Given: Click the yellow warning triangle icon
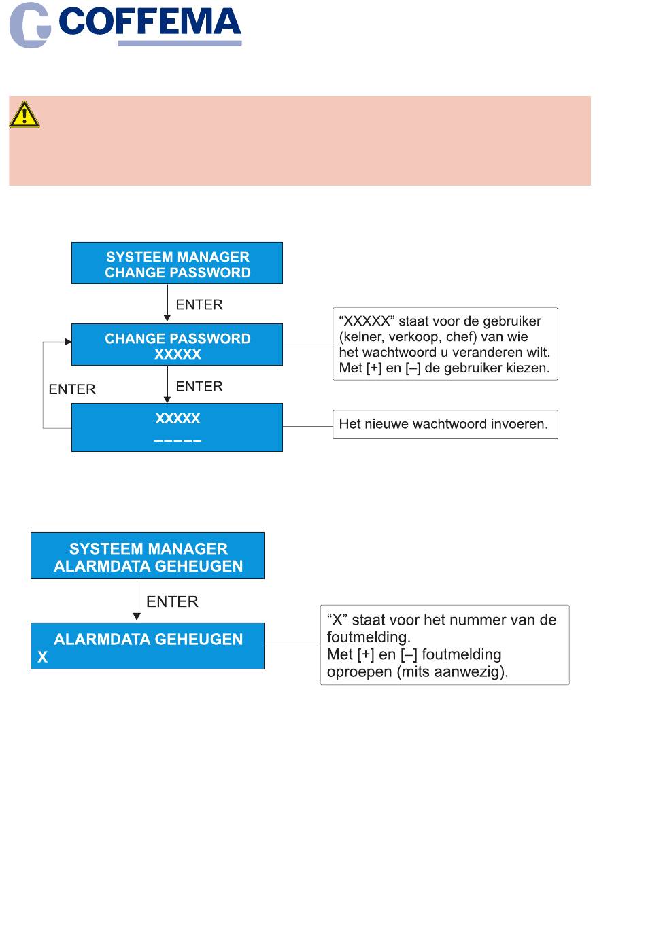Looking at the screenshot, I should pyautogui.click(x=24, y=115).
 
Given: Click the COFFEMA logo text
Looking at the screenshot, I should pyautogui.click(x=150, y=22).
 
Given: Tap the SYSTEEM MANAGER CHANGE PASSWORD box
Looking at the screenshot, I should pyautogui.click(x=177, y=264).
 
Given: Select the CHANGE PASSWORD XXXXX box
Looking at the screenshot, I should pyautogui.click(x=177, y=345).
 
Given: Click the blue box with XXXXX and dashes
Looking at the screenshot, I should pyautogui.click(x=177, y=427).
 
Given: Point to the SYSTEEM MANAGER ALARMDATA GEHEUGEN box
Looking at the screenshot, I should pyautogui.click(x=148, y=557).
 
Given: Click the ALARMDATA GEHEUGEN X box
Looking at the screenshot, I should pyautogui.click(x=148, y=646).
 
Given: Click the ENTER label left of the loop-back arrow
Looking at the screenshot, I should pyautogui.click(x=72, y=389).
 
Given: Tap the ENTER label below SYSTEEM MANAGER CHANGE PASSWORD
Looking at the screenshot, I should pyautogui.click(x=199, y=304).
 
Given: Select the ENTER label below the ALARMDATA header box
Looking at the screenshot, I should pyautogui.click(x=172, y=601).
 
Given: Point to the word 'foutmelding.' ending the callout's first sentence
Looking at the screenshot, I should pyautogui.click(x=369, y=637).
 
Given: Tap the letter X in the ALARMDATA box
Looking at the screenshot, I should pyautogui.click(x=43, y=657).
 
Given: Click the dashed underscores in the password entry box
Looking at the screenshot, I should pyautogui.click(x=177, y=441).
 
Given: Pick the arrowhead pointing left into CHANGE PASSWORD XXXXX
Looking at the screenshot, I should pyautogui.click(x=68, y=342).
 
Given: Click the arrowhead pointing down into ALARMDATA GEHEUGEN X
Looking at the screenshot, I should pyautogui.click(x=137, y=616).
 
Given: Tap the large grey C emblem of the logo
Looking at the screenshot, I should pyautogui.click(x=29, y=26).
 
